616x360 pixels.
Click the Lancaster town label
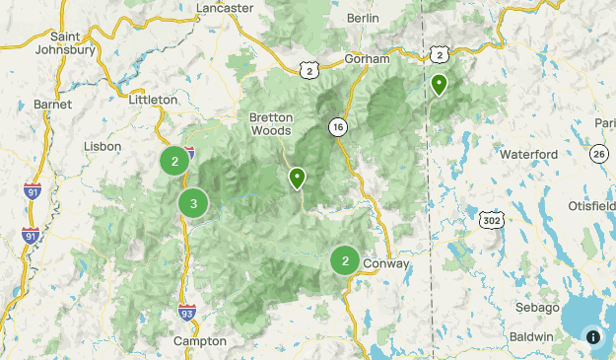click(x=226, y=7)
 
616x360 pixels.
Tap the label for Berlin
click(x=363, y=19)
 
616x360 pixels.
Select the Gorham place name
click(x=368, y=59)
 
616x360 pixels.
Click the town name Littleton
click(x=153, y=100)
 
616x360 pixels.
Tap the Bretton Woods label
click(x=271, y=123)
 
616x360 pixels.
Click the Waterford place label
click(x=528, y=155)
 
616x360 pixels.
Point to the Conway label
click(x=386, y=264)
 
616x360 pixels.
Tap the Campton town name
click(x=199, y=341)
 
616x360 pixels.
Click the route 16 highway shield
click(x=338, y=128)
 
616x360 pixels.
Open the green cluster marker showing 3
click(x=193, y=204)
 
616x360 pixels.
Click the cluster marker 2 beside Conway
click(x=344, y=260)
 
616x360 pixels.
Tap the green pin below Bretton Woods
click(x=297, y=179)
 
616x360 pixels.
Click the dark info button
click(x=592, y=336)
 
